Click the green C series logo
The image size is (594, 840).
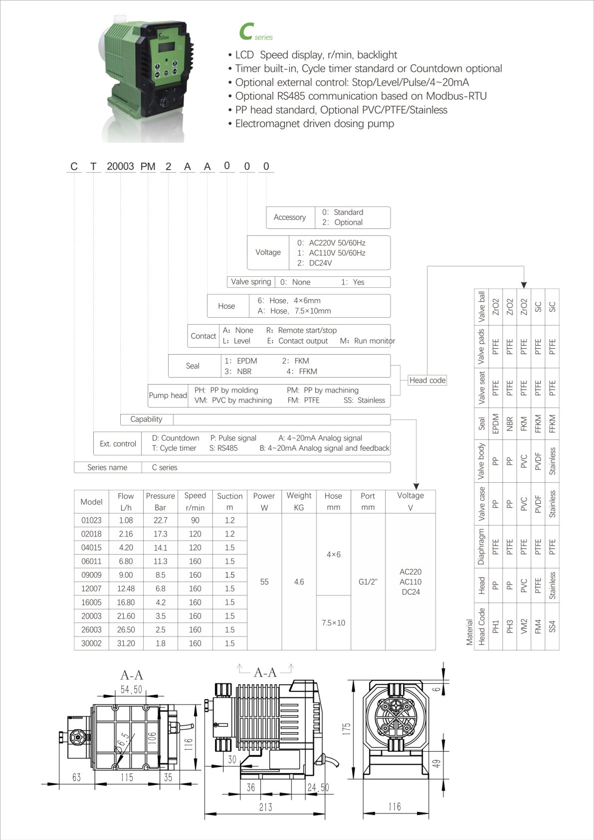(x=256, y=31)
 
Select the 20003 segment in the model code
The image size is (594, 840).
(x=120, y=166)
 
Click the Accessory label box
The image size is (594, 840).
(x=290, y=217)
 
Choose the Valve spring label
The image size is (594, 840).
(x=251, y=282)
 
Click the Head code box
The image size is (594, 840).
(x=427, y=380)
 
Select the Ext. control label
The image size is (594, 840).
(x=118, y=443)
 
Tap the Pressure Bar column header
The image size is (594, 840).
(x=160, y=501)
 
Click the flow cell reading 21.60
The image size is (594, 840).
(x=126, y=616)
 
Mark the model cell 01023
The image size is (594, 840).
(x=91, y=520)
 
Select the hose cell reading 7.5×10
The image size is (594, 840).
(x=333, y=623)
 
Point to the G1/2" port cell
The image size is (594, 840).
(x=368, y=582)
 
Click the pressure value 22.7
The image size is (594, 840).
(x=161, y=520)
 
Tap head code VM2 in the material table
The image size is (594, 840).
(x=524, y=626)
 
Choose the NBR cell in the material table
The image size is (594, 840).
(x=510, y=424)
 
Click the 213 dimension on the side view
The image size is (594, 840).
(x=265, y=807)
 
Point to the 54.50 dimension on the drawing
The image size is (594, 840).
(x=131, y=690)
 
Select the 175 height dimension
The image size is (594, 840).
(x=347, y=729)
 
